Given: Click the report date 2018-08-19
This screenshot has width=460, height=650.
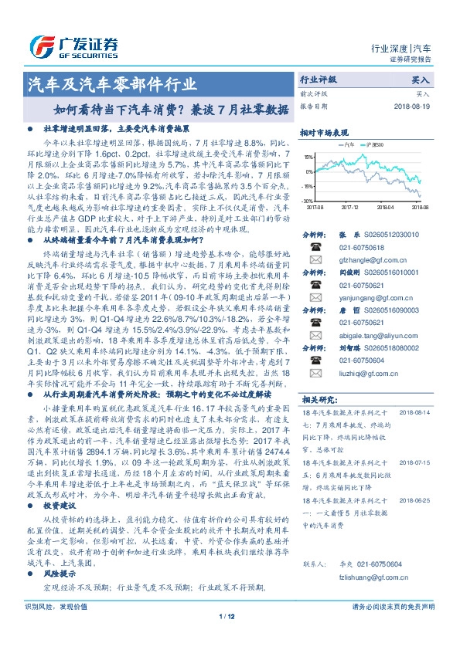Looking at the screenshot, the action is [411, 107].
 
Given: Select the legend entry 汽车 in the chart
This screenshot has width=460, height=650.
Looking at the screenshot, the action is [348, 144].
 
